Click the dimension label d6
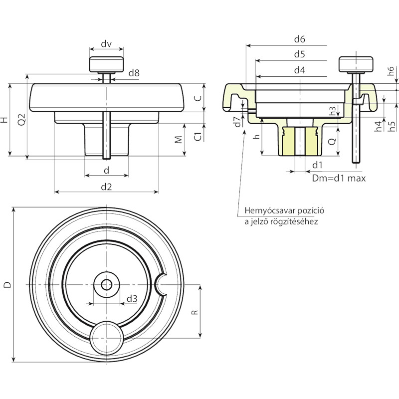click(x=300, y=39)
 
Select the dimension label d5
click(x=300, y=54)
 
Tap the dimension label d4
click(x=300, y=70)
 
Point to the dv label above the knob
click(x=106, y=44)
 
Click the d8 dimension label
click(x=134, y=73)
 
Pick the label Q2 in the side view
click(x=22, y=119)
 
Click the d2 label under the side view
click(x=106, y=187)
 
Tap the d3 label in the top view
click(x=132, y=298)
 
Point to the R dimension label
click(x=195, y=312)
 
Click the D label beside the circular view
click(x=8, y=284)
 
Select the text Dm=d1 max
click(x=339, y=178)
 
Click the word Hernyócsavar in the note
click(x=270, y=211)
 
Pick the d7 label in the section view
click(x=237, y=122)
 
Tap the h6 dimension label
click(x=391, y=71)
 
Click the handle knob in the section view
click(x=356, y=64)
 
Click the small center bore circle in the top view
click(x=106, y=284)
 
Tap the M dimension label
click(x=179, y=140)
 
